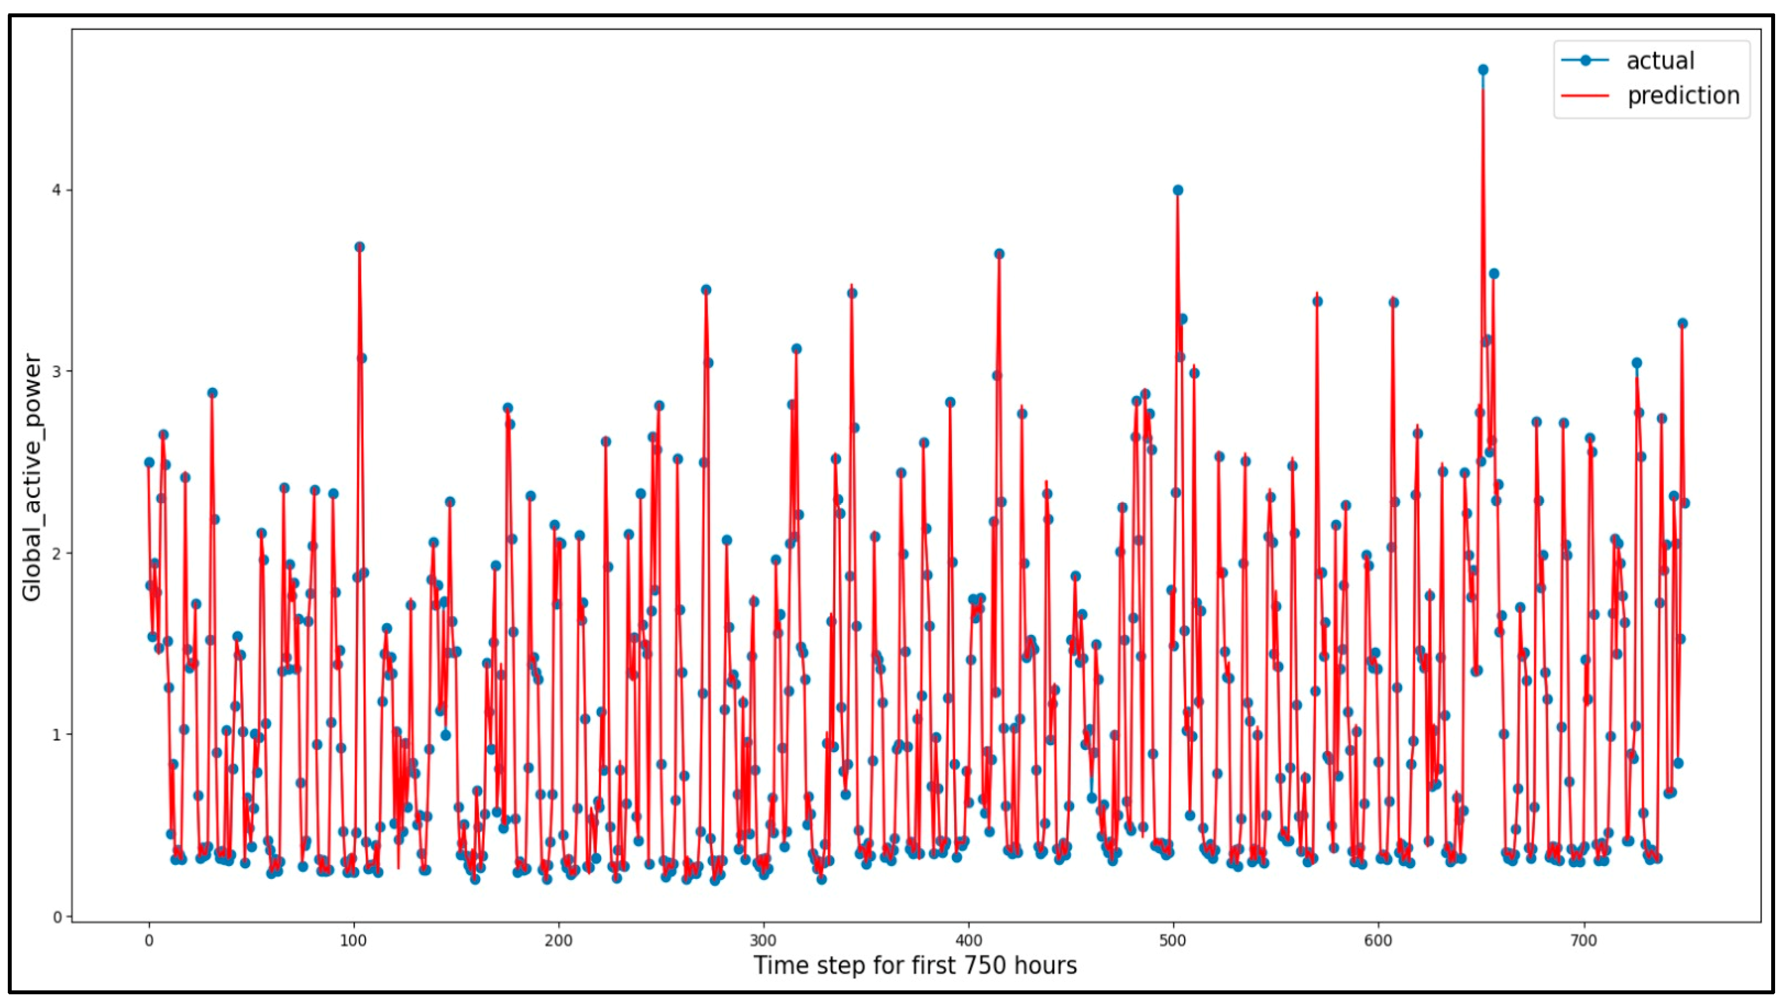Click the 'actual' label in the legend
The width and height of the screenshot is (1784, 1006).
pos(1660,61)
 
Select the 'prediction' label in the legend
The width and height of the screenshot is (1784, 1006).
pos(1683,95)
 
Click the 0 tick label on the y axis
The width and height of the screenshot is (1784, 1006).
pos(58,917)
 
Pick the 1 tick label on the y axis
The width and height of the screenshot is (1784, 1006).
pos(58,734)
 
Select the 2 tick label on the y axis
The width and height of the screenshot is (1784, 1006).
pos(58,553)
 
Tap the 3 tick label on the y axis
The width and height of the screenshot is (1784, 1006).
pos(58,372)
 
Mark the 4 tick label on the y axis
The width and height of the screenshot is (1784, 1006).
pos(58,190)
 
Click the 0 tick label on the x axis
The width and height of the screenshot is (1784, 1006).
pos(149,941)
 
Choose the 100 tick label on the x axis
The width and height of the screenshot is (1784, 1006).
pos(354,941)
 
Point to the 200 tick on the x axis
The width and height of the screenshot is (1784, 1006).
pos(559,941)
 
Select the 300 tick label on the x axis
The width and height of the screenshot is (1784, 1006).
pos(764,941)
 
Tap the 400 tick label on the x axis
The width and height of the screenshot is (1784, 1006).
pos(969,941)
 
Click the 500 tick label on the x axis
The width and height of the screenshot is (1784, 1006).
pos(1174,941)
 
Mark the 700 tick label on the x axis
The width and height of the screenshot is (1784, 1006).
pos(1584,941)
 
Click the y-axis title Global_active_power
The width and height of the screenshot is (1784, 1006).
pos(32,478)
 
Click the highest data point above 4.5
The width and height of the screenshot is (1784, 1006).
pos(1483,70)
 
